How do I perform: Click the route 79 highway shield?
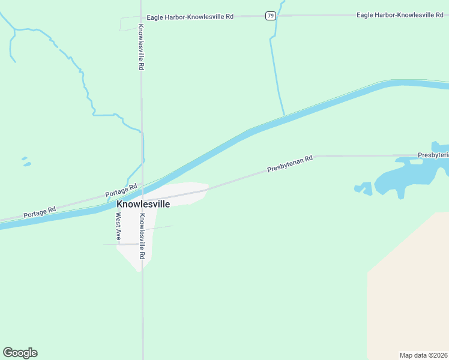271,16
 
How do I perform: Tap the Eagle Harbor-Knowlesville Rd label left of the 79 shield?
187,17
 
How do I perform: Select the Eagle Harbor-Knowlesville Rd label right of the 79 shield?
399,14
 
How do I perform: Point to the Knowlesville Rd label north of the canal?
140,47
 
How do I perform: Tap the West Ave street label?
119,226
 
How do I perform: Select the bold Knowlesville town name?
143,204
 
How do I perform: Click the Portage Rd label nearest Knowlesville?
121,191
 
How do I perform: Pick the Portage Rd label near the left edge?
40,212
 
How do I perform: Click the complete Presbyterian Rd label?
290,164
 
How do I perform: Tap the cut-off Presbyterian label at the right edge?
433,155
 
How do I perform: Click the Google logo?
20,353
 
